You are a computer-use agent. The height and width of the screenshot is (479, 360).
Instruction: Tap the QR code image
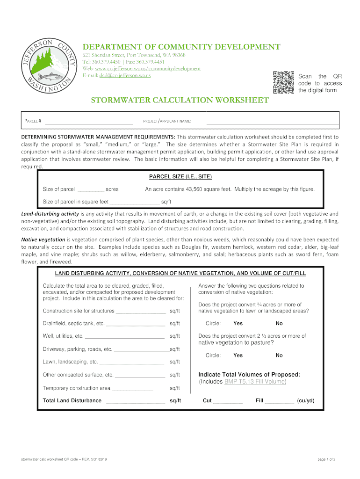coord(284,82)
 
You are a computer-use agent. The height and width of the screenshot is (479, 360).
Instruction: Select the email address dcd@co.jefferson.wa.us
coord(125,75)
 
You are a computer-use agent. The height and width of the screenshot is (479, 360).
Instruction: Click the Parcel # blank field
coord(89,122)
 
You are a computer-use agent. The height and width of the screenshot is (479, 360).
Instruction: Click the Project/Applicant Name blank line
coord(272,122)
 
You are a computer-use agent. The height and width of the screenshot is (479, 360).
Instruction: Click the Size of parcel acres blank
coord(90,190)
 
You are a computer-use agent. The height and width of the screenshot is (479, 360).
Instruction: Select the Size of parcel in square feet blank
coord(134,203)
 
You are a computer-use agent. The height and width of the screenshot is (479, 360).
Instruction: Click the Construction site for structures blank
coord(141,312)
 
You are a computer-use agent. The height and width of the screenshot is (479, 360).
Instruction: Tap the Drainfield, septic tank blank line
coord(136,324)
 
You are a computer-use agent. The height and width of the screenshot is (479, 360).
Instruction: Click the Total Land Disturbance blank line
coord(136,401)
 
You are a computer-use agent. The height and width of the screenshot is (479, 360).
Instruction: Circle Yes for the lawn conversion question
coord(238,324)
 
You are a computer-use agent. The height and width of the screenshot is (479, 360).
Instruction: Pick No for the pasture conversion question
coord(279,356)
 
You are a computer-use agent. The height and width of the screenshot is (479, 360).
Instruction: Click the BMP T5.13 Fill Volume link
coord(254,382)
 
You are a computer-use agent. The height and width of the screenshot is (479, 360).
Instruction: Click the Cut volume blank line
coord(228,401)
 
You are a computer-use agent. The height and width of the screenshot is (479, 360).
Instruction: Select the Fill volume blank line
coord(280,401)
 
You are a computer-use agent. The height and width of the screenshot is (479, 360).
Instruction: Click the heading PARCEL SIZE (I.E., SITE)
coord(180,177)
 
